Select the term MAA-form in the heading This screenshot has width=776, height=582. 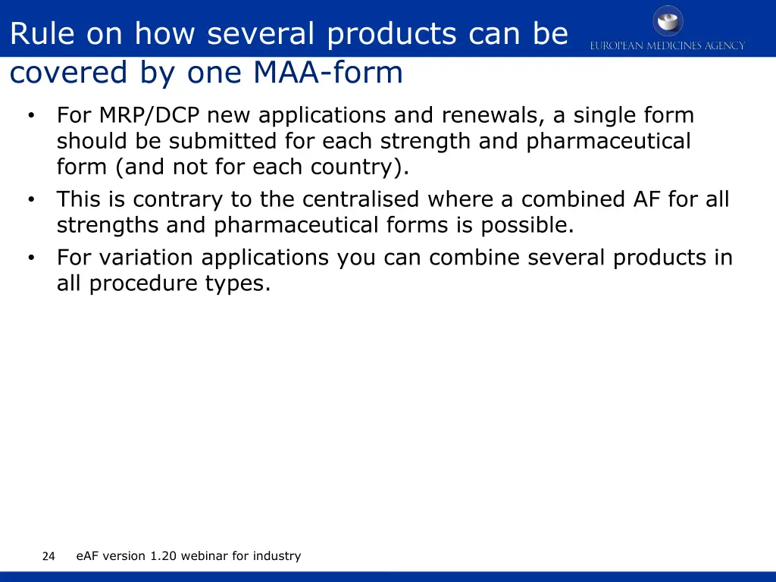[x=328, y=74]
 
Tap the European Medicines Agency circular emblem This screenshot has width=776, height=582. [x=668, y=20]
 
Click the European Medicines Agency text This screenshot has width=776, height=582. [x=668, y=45]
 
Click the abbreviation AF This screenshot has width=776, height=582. [x=646, y=199]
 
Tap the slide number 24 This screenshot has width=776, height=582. [x=48, y=556]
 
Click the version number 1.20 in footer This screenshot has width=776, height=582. [x=163, y=556]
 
